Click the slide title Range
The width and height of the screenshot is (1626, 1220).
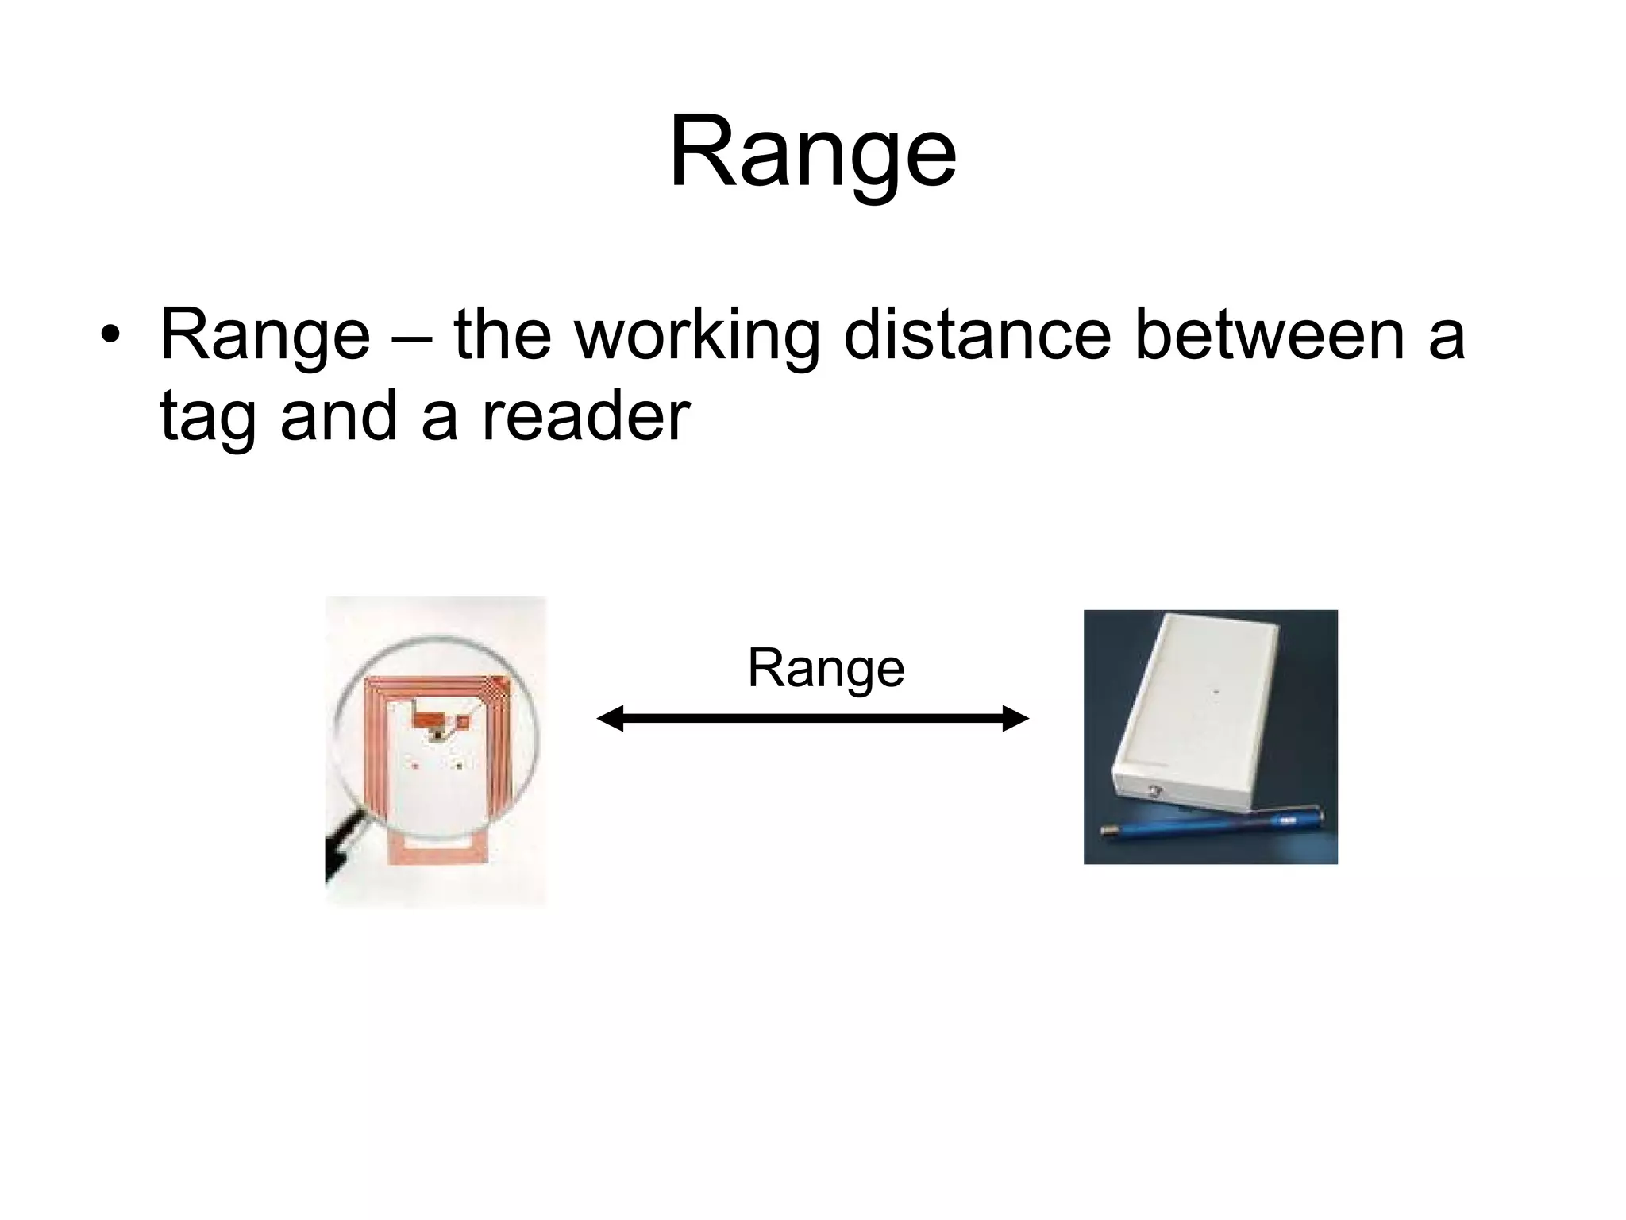pos(812,152)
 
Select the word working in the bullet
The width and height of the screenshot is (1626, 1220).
pos(697,334)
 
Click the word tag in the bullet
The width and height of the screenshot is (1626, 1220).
pos(207,418)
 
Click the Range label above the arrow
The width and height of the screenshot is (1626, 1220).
pos(826,668)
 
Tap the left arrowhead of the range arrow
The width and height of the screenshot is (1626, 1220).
pos(610,718)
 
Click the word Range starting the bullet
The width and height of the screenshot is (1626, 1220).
pos(265,334)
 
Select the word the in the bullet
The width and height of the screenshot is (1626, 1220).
pos(502,334)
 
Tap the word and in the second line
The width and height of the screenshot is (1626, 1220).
pos(338,416)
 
